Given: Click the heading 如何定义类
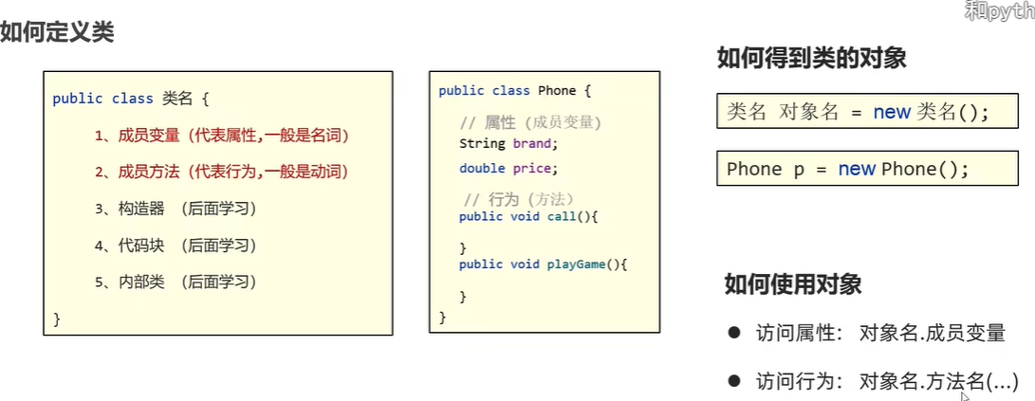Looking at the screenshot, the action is tap(57, 33).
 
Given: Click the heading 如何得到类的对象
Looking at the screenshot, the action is tap(811, 59).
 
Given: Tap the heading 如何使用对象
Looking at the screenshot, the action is tap(793, 283).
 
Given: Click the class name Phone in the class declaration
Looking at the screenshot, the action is tap(557, 91).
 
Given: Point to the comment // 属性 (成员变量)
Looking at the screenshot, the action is tap(530, 122).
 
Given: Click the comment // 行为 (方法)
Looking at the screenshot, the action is tap(519, 199).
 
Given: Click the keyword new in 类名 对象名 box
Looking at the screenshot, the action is tap(892, 112).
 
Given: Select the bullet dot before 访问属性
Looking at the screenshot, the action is tap(733, 333).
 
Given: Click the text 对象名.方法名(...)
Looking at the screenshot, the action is tap(937, 381).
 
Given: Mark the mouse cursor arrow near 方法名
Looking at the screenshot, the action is tap(965, 396).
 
